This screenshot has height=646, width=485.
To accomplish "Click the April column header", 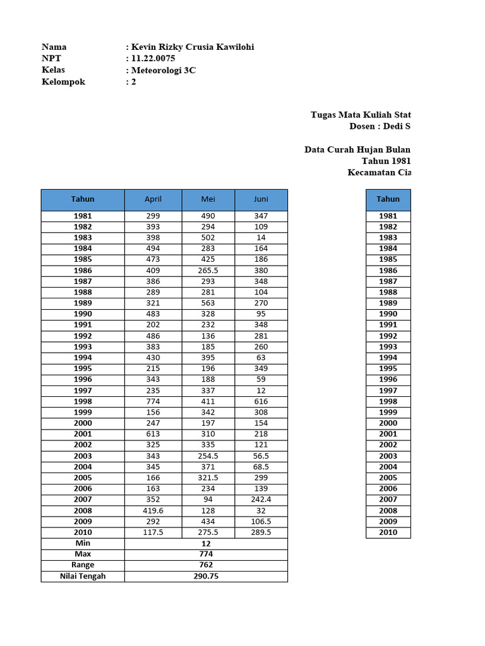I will pyautogui.click(x=153, y=199).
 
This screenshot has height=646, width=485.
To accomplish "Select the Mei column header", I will pyautogui.click(x=208, y=199).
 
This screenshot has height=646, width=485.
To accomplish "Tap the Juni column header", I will pyautogui.click(x=261, y=199).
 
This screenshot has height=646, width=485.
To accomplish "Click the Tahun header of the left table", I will pyautogui.click(x=83, y=199).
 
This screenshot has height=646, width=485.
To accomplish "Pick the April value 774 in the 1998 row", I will pyautogui.click(x=153, y=401).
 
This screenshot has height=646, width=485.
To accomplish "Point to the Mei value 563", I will pyautogui.click(x=208, y=303).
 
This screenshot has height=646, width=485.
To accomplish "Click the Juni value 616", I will pyautogui.click(x=261, y=401).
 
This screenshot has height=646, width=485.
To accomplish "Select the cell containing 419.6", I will pyautogui.click(x=153, y=510).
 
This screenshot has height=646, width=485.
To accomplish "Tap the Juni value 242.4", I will pyautogui.click(x=261, y=500).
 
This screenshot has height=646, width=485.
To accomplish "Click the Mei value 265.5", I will pyautogui.click(x=208, y=270).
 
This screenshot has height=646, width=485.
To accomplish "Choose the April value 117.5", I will pyautogui.click(x=153, y=532).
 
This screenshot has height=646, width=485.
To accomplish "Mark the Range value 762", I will pyautogui.click(x=206, y=565).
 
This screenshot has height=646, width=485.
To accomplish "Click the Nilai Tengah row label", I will pyautogui.click(x=83, y=576).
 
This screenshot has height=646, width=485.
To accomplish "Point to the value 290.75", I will pyautogui.click(x=206, y=576).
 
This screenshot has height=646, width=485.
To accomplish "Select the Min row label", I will pyautogui.click(x=83, y=543).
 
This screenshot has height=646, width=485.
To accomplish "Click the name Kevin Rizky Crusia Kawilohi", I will pyautogui.click(x=193, y=47).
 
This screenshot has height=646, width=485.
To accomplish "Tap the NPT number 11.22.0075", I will pyautogui.click(x=153, y=59).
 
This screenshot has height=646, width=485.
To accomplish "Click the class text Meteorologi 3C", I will pyautogui.click(x=163, y=70).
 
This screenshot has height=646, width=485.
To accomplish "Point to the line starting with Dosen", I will pyautogui.click(x=380, y=126).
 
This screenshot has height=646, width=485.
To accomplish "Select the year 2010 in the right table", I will pyautogui.click(x=388, y=532).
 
